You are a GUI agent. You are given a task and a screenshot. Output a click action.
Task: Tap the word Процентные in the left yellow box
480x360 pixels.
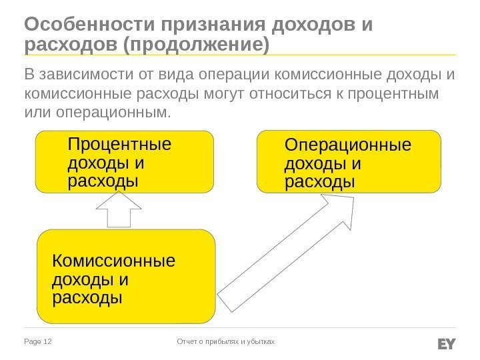(x=119, y=145)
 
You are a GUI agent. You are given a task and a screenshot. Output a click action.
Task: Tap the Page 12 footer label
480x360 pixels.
(x=38, y=342)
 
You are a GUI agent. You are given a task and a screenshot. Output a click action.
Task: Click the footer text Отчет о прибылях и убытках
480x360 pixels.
(x=225, y=342)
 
